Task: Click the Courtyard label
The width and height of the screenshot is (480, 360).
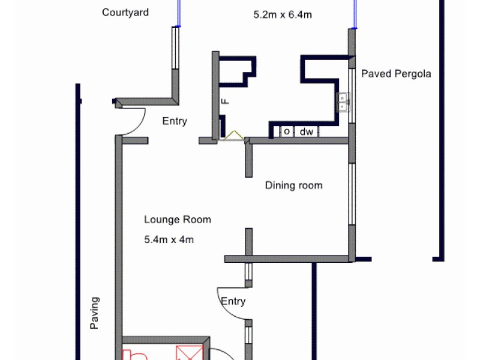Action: tap(125, 13)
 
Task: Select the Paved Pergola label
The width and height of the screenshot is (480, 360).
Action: tap(396, 74)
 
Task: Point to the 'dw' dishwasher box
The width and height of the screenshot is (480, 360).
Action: tap(306, 131)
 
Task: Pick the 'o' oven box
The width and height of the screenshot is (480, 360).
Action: tap(286, 131)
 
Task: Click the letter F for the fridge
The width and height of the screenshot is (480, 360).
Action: tap(225, 101)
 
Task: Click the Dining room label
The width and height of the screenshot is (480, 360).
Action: tap(293, 185)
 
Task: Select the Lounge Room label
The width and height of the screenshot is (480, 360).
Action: tap(178, 220)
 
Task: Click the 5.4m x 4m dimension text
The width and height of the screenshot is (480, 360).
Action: tap(169, 239)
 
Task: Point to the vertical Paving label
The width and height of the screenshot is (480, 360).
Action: tap(94, 313)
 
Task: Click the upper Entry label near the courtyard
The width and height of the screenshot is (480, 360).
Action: tap(175, 121)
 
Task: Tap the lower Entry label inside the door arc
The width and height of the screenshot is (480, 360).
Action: tap(233, 301)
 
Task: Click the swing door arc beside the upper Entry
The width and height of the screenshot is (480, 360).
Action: tap(133, 123)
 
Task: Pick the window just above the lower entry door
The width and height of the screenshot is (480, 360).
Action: tap(247, 273)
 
